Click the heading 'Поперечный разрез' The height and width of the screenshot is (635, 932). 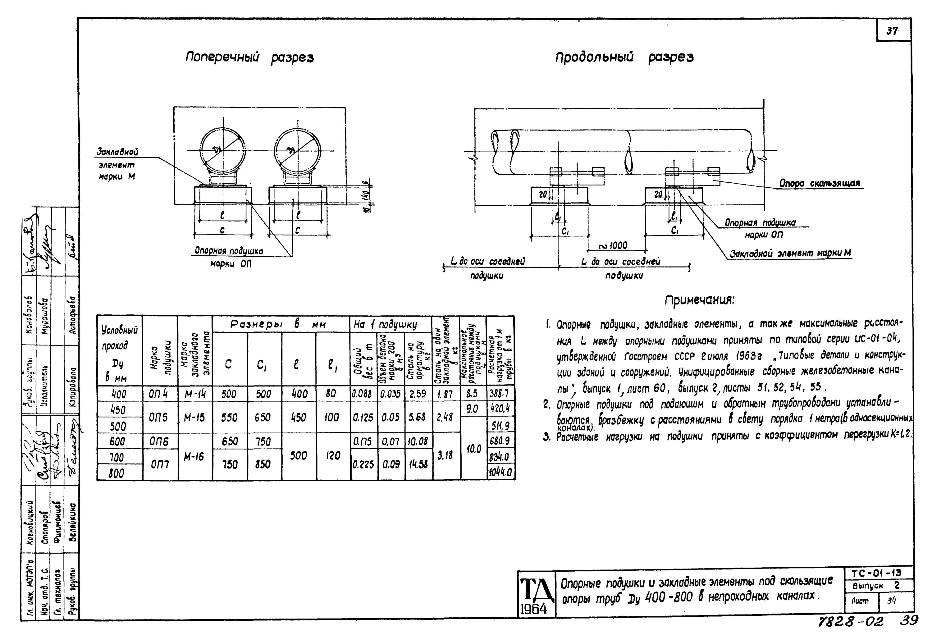249,58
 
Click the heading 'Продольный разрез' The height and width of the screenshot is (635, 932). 624,58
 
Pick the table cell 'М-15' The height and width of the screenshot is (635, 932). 194,418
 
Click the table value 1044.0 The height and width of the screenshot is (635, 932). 500,473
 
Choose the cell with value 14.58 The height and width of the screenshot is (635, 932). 418,464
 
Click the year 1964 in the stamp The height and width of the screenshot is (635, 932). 533,609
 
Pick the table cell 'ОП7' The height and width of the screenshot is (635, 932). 160,464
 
